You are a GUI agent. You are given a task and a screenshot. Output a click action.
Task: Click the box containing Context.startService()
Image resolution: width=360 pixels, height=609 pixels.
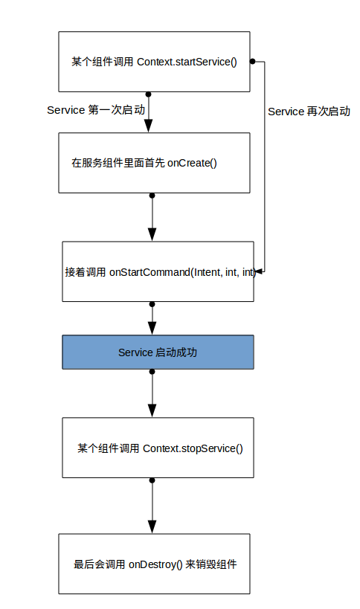pyautogui.click(x=154, y=62)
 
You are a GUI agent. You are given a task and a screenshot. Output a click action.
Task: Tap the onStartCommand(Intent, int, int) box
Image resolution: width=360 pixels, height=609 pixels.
pyautogui.click(x=158, y=271)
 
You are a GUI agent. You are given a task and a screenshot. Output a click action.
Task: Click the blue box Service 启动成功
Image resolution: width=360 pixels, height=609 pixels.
pyautogui.click(x=158, y=352)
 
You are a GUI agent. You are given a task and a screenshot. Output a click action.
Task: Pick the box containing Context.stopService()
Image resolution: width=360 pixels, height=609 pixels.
pyautogui.click(x=158, y=448)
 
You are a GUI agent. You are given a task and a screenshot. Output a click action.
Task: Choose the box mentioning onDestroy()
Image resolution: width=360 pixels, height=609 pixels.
pyautogui.click(x=154, y=564)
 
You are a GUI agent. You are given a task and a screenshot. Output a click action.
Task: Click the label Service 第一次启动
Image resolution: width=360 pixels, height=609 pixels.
pyautogui.click(x=96, y=110)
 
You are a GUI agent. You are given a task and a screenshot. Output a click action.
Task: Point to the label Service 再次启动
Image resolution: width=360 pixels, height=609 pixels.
pyautogui.click(x=309, y=112)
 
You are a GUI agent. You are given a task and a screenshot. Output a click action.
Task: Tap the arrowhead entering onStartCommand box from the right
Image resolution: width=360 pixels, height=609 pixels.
pyautogui.click(x=260, y=272)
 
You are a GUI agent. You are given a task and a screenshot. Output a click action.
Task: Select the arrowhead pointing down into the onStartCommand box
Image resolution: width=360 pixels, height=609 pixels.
pyautogui.click(x=152, y=234)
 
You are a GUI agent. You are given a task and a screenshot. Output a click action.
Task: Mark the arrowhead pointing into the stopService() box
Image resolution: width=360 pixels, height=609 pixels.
pyautogui.click(x=152, y=410)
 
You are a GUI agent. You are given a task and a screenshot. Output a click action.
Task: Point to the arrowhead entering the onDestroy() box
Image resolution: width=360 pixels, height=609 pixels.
pyautogui.click(x=152, y=526)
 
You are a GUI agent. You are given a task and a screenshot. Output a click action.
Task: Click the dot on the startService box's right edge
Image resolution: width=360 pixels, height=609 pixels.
pyautogui.click(x=252, y=61)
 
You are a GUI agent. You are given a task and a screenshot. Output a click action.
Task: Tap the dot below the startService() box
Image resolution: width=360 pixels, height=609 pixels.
pyautogui.click(x=149, y=94)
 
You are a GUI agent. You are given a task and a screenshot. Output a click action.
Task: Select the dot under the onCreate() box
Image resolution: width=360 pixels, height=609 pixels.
pyautogui.click(x=152, y=196)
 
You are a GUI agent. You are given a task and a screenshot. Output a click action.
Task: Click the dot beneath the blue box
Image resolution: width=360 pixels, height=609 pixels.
pyautogui.click(x=152, y=371)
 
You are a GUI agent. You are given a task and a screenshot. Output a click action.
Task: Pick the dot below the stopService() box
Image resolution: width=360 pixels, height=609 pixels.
pyautogui.click(x=152, y=480)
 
